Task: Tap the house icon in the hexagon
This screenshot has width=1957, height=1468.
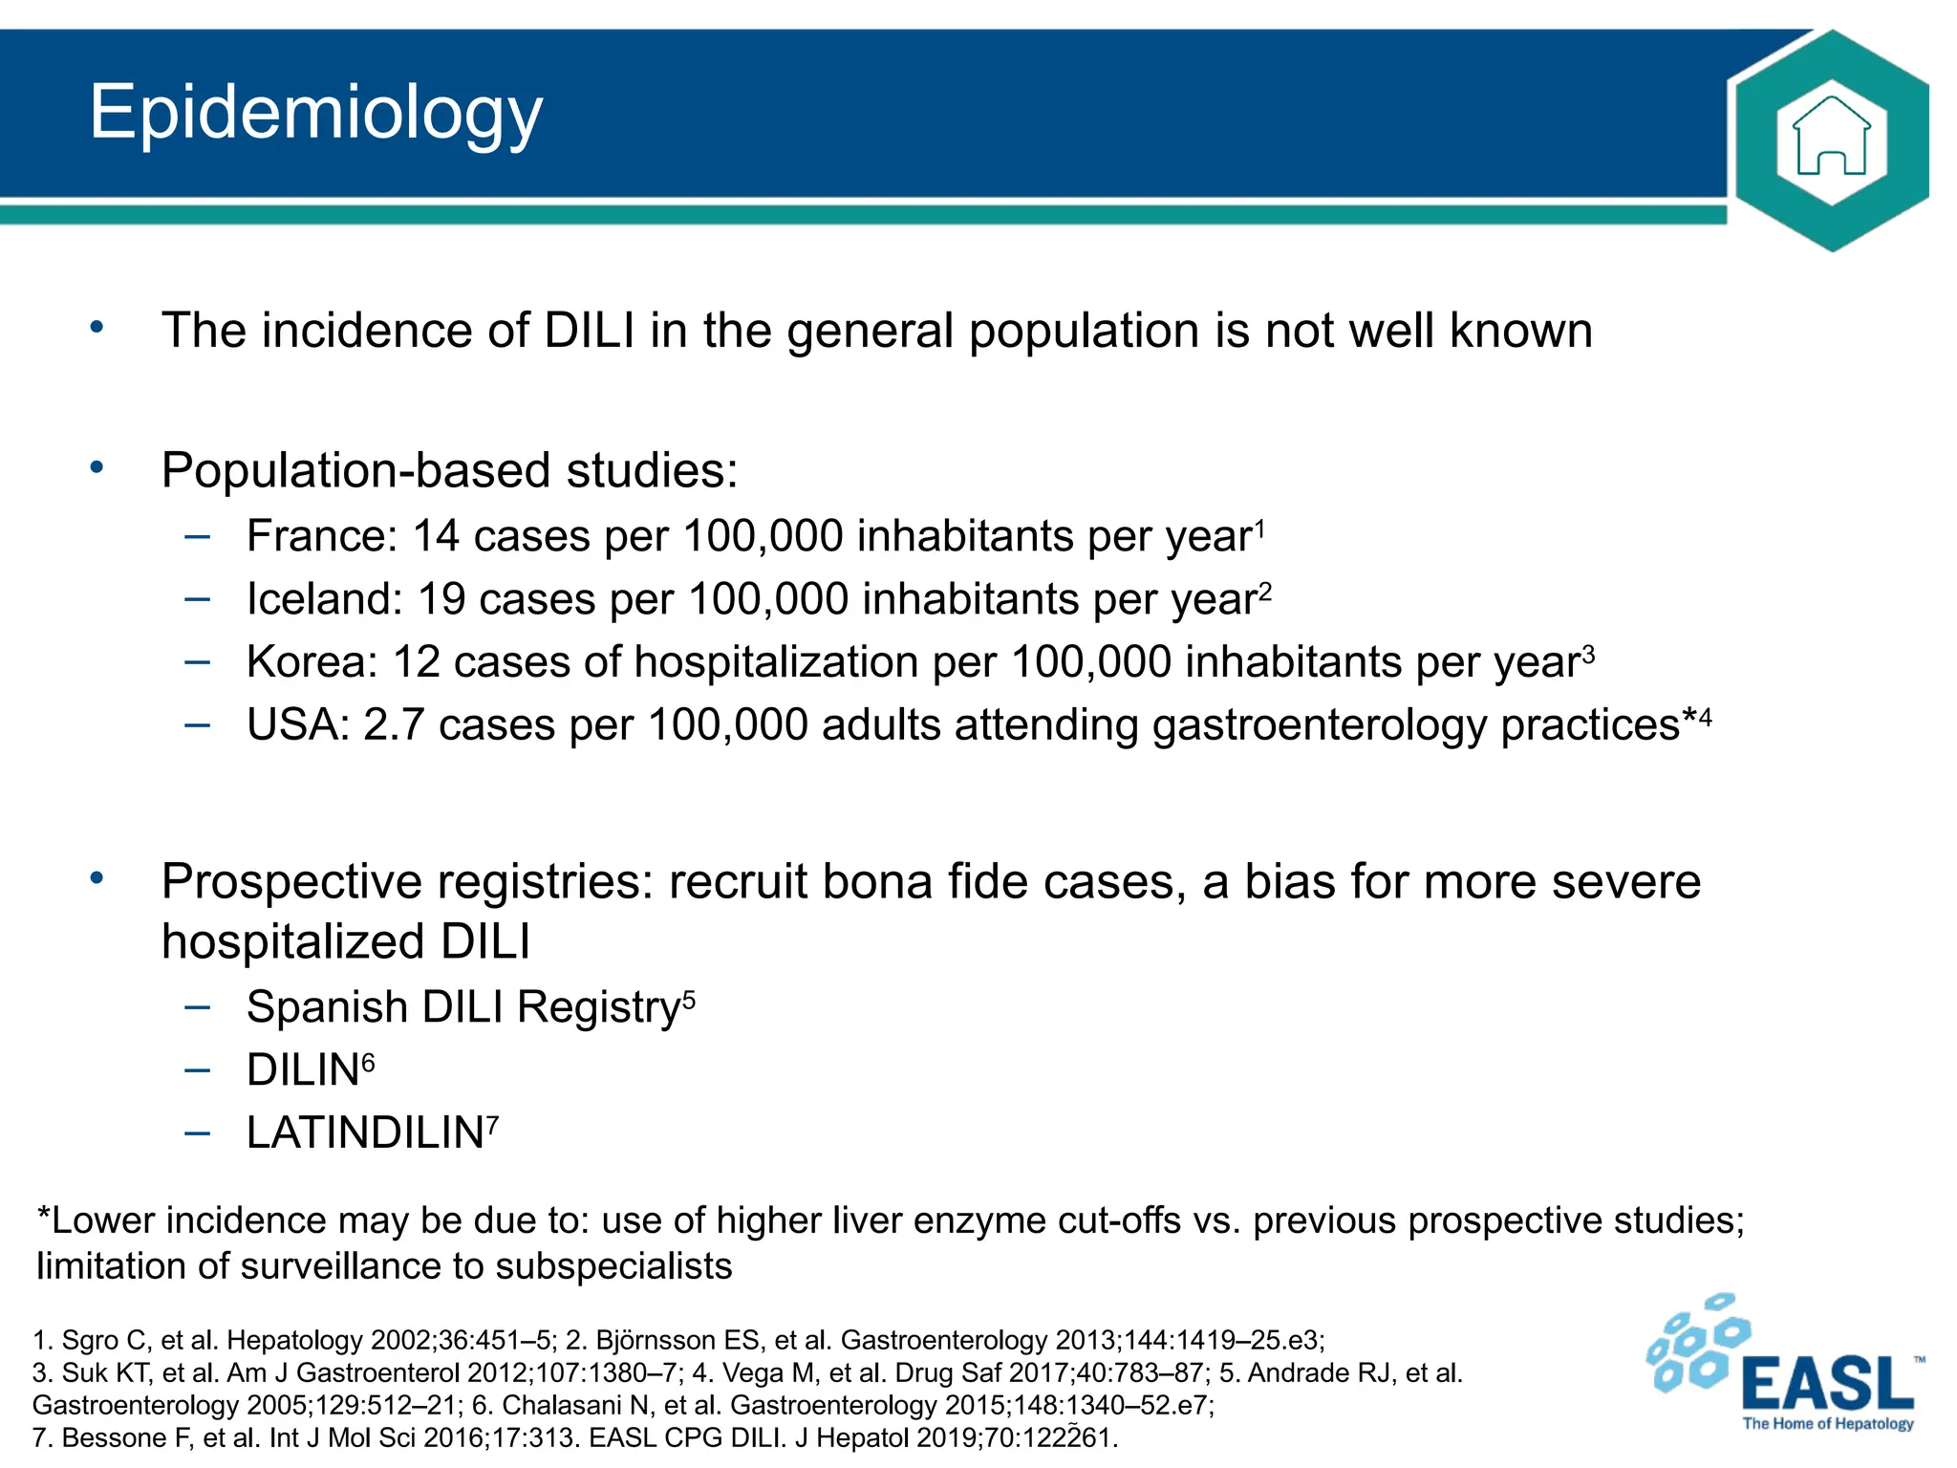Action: tap(1831, 140)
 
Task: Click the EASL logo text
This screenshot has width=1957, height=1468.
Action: tap(1828, 1383)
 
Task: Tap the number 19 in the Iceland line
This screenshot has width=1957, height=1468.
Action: tap(441, 600)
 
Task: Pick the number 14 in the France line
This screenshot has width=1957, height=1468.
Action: tap(436, 537)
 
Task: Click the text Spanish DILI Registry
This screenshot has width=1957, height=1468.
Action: tap(462, 1008)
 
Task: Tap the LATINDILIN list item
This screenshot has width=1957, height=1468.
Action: tap(365, 1134)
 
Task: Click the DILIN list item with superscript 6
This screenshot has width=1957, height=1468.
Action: tap(304, 1071)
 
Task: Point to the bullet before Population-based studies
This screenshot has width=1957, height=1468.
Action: tap(97, 468)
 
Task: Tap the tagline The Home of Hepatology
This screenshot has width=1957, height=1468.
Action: tap(1827, 1424)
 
